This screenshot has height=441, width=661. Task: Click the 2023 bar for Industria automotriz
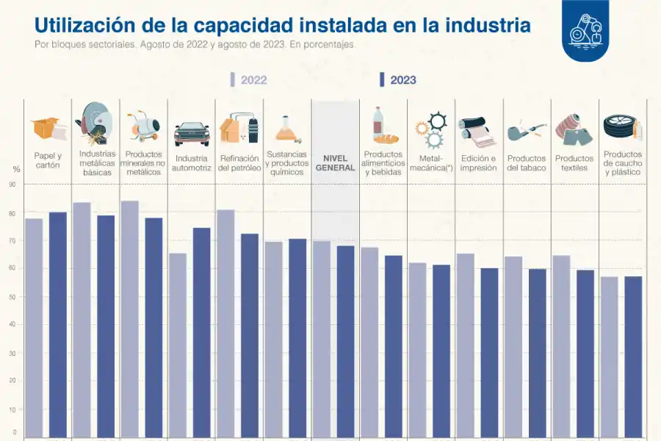click(201, 331)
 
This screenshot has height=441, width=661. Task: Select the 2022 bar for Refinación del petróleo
click(225, 323)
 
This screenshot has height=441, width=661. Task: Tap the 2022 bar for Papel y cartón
click(34, 327)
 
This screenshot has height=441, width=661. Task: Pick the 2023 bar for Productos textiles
click(585, 353)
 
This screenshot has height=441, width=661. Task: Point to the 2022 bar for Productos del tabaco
click(513, 345)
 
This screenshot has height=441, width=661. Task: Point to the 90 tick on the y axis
click(12, 184)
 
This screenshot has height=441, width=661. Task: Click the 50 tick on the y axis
click(12, 297)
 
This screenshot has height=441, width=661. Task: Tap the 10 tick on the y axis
click(12, 409)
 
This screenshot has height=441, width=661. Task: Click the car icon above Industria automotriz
click(192, 133)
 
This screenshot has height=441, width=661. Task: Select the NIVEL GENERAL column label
click(335, 163)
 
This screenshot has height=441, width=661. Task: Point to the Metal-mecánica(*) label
click(430, 163)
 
